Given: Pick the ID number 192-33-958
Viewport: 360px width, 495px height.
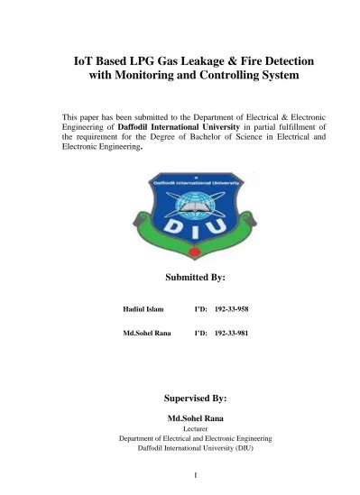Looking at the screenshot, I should tap(233, 309).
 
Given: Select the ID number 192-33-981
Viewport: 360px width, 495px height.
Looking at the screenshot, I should tap(233, 333).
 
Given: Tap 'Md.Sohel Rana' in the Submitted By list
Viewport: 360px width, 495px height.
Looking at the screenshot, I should tap(145, 333).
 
